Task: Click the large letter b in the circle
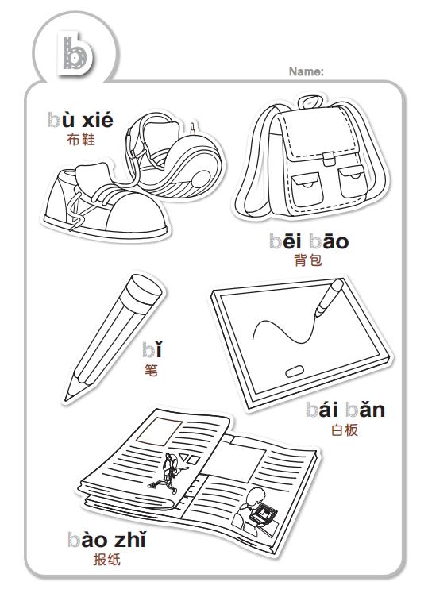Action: (x=75, y=53)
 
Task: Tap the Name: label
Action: (x=306, y=71)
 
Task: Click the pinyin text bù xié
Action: (x=80, y=120)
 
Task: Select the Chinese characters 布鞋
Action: (x=80, y=140)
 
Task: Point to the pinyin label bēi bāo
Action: (x=309, y=241)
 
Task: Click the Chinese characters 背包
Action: (x=308, y=260)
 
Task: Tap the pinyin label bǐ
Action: (x=152, y=349)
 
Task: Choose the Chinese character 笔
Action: (x=151, y=370)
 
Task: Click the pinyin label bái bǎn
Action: (x=345, y=410)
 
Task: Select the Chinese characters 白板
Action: (x=345, y=430)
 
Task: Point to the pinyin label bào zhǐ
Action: (x=107, y=540)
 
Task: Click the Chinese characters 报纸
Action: (x=107, y=560)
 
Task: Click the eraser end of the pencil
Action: (x=145, y=290)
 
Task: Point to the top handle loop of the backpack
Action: (x=310, y=102)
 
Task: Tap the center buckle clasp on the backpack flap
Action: (x=329, y=159)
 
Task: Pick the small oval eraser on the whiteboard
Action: (x=295, y=371)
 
